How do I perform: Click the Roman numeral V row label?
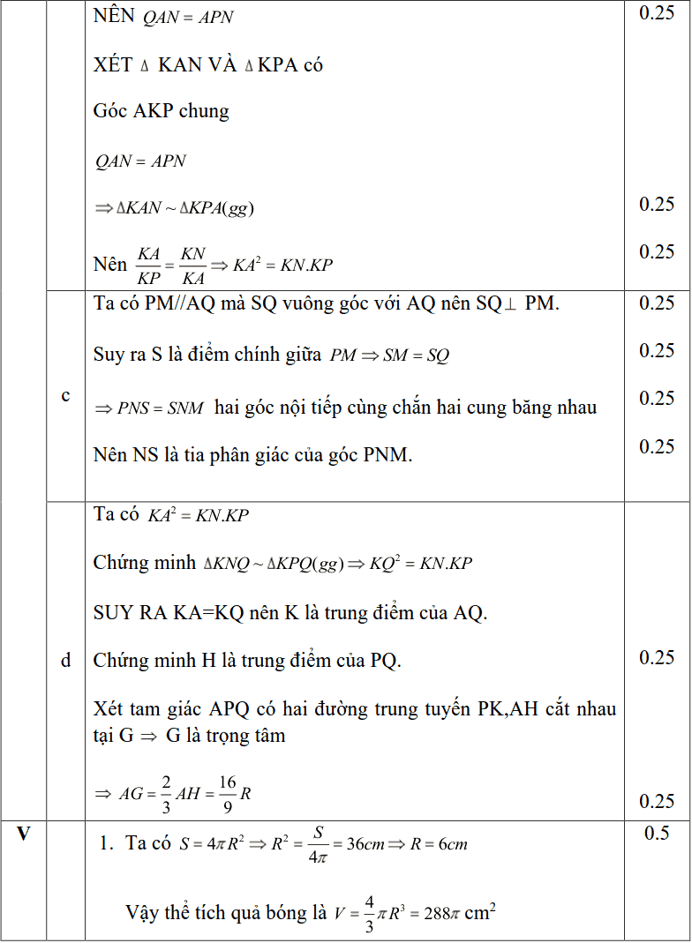(x=24, y=833)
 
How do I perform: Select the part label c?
(x=65, y=395)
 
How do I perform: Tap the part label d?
(x=65, y=660)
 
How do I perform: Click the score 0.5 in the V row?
(x=657, y=833)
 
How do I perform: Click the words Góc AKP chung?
(x=161, y=111)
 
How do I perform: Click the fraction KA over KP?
(x=148, y=265)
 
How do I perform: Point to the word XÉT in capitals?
(x=112, y=64)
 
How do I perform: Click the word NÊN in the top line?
(x=114, y=17)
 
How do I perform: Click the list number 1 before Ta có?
(x=105, y=843)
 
